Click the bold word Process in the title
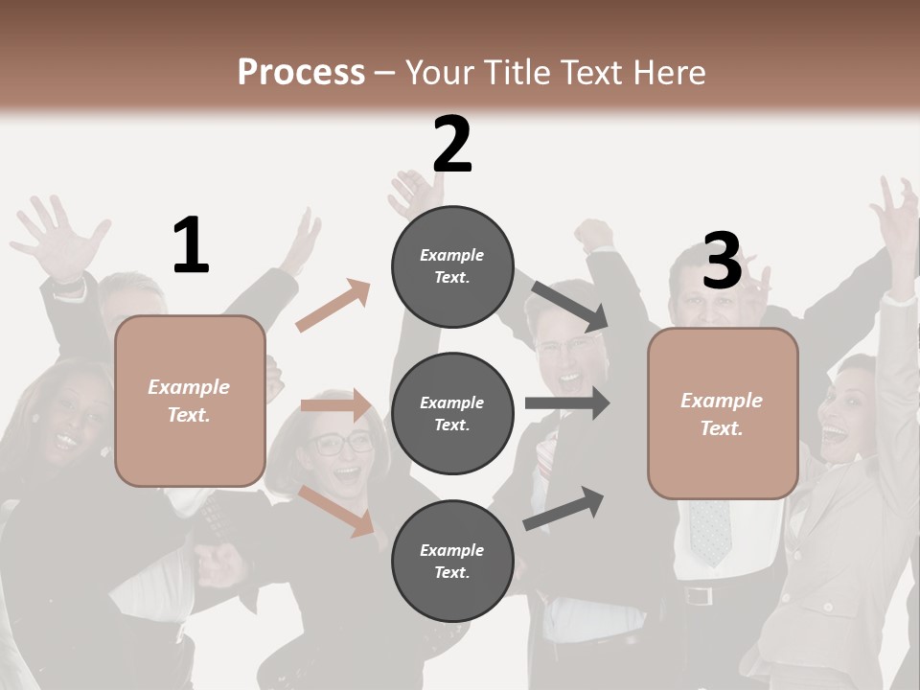[301, 72]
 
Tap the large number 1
[191, 245]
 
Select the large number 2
[452, 145]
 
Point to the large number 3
[722, 261]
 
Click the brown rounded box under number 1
[190, 401]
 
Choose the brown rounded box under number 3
[723, 413]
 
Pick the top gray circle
[452, 266]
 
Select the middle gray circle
[452, 413]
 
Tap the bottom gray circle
[452, 561]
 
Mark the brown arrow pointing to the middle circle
[335, 405]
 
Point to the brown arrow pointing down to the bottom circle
[336, 511]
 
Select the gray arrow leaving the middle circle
[566, 402]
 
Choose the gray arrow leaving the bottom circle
[564, 508]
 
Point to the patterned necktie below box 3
[710, 532]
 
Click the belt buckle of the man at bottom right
[700, 595]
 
